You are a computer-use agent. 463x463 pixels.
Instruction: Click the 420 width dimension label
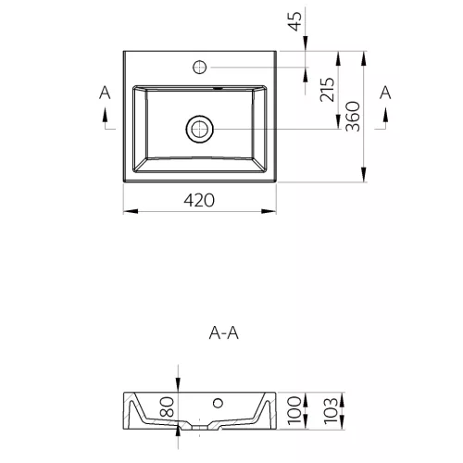(x=199, y=200)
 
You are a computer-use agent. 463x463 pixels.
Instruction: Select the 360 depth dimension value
(x=353, y=117)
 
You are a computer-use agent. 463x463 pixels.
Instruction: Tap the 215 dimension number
(x=327, y=90)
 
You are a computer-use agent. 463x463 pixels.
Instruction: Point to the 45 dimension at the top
(x=294, y=21)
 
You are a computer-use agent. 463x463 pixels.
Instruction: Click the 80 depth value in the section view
(x=168, y=407)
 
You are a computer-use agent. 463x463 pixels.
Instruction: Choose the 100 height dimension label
(x=294, y=410)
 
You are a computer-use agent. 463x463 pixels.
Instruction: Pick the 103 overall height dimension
(x=331, y=410)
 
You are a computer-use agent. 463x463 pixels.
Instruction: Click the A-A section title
(x=224, y=333)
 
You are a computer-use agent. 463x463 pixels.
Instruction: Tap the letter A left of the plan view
(x=105, y=93)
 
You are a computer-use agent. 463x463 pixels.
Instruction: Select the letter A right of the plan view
(x=385, y=93)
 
